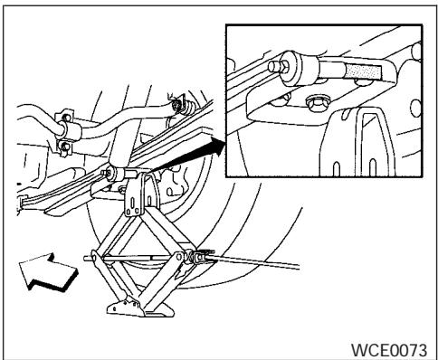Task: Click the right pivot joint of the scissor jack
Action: pos(192,261)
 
